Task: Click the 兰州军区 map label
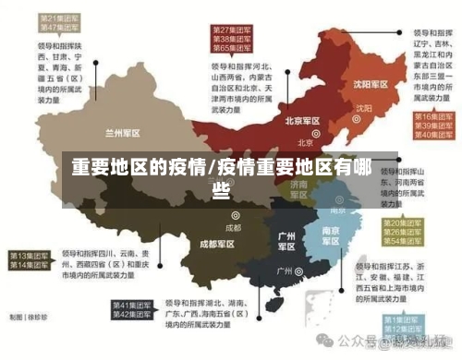[x=122, y=130]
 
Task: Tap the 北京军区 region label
[x=302, y=121]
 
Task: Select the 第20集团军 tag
[x=405, y=223]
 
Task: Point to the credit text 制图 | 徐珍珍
[x=29, y=316]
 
